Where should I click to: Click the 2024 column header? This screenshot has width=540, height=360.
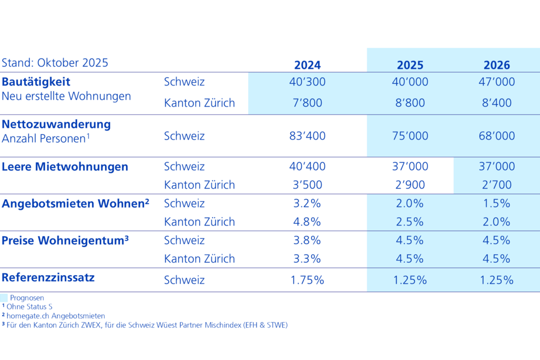pos(307,65)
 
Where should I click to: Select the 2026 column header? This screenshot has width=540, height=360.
pos(496,65)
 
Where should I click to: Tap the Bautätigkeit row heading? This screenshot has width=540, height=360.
pos(36,82)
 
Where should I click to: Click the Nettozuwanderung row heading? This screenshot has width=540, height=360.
pos(56,124)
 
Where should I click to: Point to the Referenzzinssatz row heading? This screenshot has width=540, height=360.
pos(48,277)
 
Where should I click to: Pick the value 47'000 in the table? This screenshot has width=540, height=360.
pos(496,82)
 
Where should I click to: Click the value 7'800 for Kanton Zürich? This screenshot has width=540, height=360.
pos(307,103)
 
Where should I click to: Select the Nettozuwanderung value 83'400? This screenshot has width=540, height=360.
pos(307,136)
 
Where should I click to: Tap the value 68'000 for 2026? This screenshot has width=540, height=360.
pos(496,136)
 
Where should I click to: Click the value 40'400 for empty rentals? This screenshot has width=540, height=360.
pos(307,166)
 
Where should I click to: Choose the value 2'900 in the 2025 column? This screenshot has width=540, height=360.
pos(410,184)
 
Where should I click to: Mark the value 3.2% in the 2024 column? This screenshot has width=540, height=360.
pos(307,203)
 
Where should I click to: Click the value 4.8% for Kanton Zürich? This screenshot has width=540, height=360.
pos(307,222)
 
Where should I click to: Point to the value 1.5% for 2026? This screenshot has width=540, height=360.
pos(496,203)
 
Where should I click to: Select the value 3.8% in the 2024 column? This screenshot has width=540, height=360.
pos(307,240)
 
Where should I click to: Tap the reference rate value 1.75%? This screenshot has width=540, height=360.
pos(307,280)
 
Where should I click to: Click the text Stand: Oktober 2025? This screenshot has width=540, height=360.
pos(55,62)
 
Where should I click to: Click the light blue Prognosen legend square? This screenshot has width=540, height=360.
pos(4,298)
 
